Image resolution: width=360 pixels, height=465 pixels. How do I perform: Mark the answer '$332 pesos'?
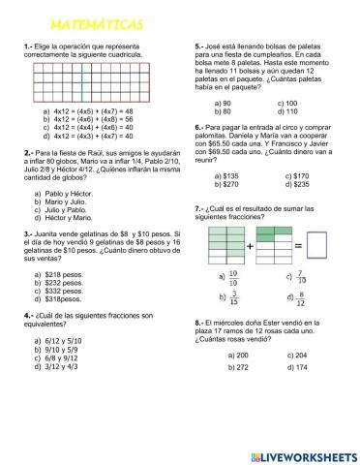(x=65, y=291)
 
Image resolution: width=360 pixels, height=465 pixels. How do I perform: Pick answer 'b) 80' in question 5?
(x=223, y=111)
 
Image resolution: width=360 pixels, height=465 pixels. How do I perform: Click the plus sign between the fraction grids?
(x=250, y=246)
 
